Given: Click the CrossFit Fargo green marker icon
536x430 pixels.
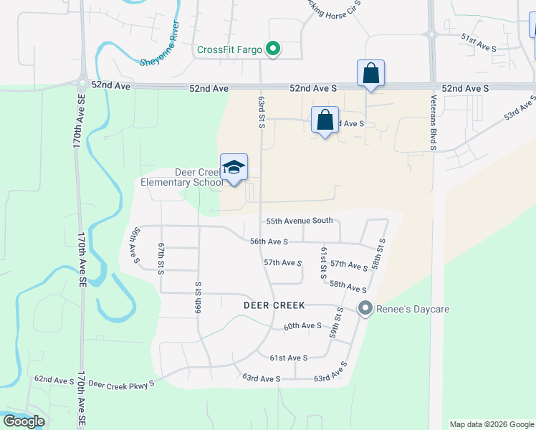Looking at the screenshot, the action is click(x=273, y=49).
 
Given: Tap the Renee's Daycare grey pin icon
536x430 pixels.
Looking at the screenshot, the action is click(x=365, y=310).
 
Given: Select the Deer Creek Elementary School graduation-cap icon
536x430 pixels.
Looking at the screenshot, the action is click(x=234, y=168).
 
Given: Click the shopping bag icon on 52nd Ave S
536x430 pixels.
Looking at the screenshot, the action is click(x=370, y=73).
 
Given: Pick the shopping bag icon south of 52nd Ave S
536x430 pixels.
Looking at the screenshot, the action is click(x=325, y=120).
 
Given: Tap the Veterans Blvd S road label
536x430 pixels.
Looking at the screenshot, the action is click(x=434, y=123).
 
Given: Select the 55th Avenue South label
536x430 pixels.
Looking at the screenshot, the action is click(x=300, y=221).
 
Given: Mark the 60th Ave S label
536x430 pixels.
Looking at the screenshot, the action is click(x=302, y=326).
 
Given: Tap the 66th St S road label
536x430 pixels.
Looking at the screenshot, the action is click(x=198, y=300).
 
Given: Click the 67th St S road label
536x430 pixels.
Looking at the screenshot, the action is click(x=161, y=257).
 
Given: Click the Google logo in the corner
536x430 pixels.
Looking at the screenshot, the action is click(x=24, y=421).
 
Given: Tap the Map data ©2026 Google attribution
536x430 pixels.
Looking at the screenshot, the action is click(x=491, y=424).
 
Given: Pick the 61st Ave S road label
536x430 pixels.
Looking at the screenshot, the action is click(x=289, y=358).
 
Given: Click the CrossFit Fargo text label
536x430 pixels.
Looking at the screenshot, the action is click(x=229, y=49).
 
